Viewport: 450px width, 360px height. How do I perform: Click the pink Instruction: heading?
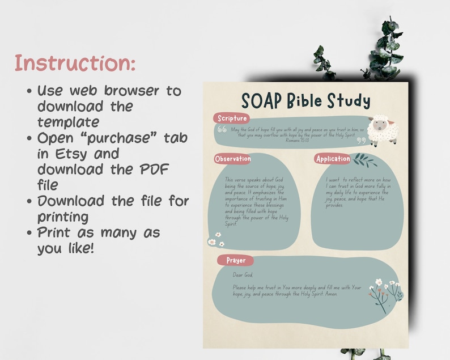(x=75, y=62)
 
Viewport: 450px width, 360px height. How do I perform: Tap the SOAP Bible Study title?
(x=305, y=100)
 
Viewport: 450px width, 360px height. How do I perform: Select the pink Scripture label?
(x=232, y=118)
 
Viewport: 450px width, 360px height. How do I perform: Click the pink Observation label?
(x=233, y=159)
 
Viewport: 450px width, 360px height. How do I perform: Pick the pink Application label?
(x=333, y=159)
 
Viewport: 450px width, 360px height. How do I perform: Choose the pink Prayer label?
(x=236, y=260)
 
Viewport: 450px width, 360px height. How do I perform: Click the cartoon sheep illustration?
(x=382, y=130)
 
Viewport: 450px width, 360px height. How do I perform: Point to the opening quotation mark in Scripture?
(x=222, y=129)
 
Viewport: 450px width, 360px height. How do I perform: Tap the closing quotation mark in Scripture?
(x=361, y=141)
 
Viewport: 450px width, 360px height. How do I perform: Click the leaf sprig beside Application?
(x=365, y=160)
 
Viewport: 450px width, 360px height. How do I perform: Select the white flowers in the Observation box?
(x=215, y=240)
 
